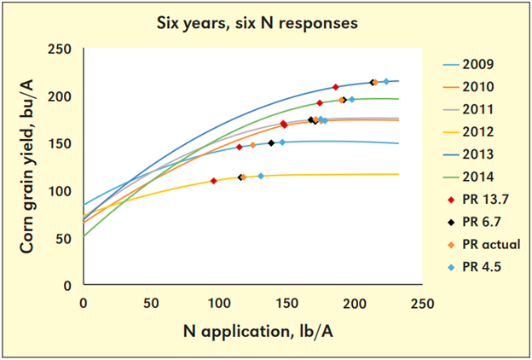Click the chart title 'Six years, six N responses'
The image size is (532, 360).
(265, 22)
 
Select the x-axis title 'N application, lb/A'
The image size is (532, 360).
(253, 329)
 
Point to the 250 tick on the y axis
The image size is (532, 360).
(61, 49)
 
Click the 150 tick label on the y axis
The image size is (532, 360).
(61, 143)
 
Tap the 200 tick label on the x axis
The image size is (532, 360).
(355, 303)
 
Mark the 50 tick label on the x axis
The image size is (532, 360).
(150, 303)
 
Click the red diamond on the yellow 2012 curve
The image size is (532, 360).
(213, 181)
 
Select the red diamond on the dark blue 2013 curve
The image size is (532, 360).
(336, 87)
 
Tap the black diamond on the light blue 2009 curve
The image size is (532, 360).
(271, 143)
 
